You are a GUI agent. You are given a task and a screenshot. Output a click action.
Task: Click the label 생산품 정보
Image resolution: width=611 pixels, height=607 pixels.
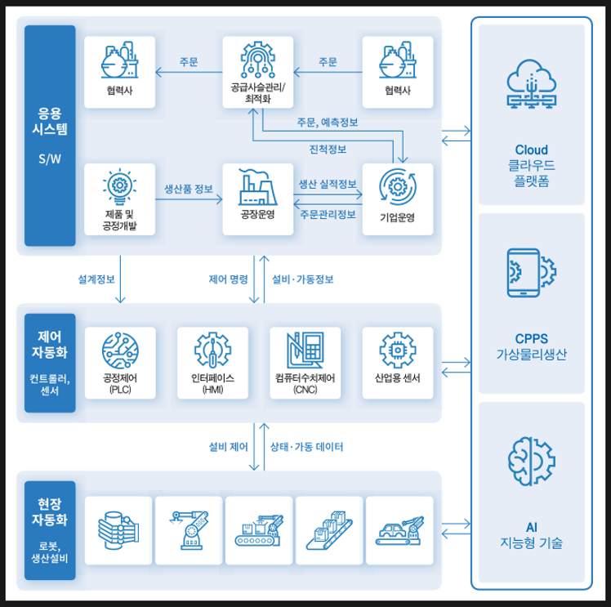click(x=189, y=188)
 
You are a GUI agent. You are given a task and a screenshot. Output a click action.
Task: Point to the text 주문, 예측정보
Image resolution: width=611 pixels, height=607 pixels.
click(x=328, y=122)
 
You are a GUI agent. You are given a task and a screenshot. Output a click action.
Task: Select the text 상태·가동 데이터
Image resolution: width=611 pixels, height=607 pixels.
click(x=306, y=447)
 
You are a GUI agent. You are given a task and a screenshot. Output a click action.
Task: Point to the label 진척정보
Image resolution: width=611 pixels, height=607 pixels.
click(x=328, y=149)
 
